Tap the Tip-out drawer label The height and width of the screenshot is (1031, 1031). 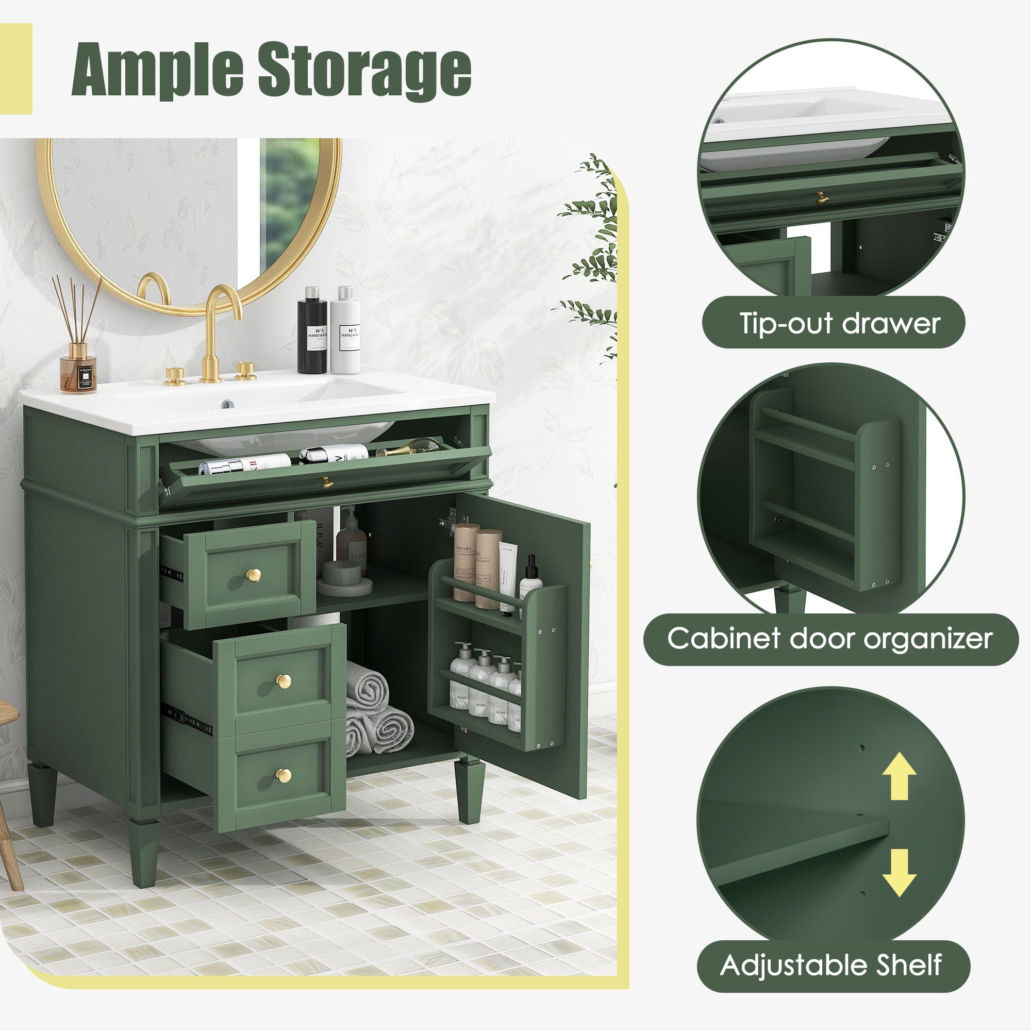[838, 323]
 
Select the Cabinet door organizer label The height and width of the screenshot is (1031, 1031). [830, 638]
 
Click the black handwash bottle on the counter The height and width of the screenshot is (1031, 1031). [312, 331]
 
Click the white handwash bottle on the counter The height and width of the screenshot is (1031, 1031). [345, 331]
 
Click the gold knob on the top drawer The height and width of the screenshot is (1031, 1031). [254, 575]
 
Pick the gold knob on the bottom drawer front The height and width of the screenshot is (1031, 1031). [284, 774]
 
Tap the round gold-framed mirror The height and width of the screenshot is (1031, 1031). [189, 224]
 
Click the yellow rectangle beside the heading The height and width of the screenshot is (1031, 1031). [16, 69]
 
